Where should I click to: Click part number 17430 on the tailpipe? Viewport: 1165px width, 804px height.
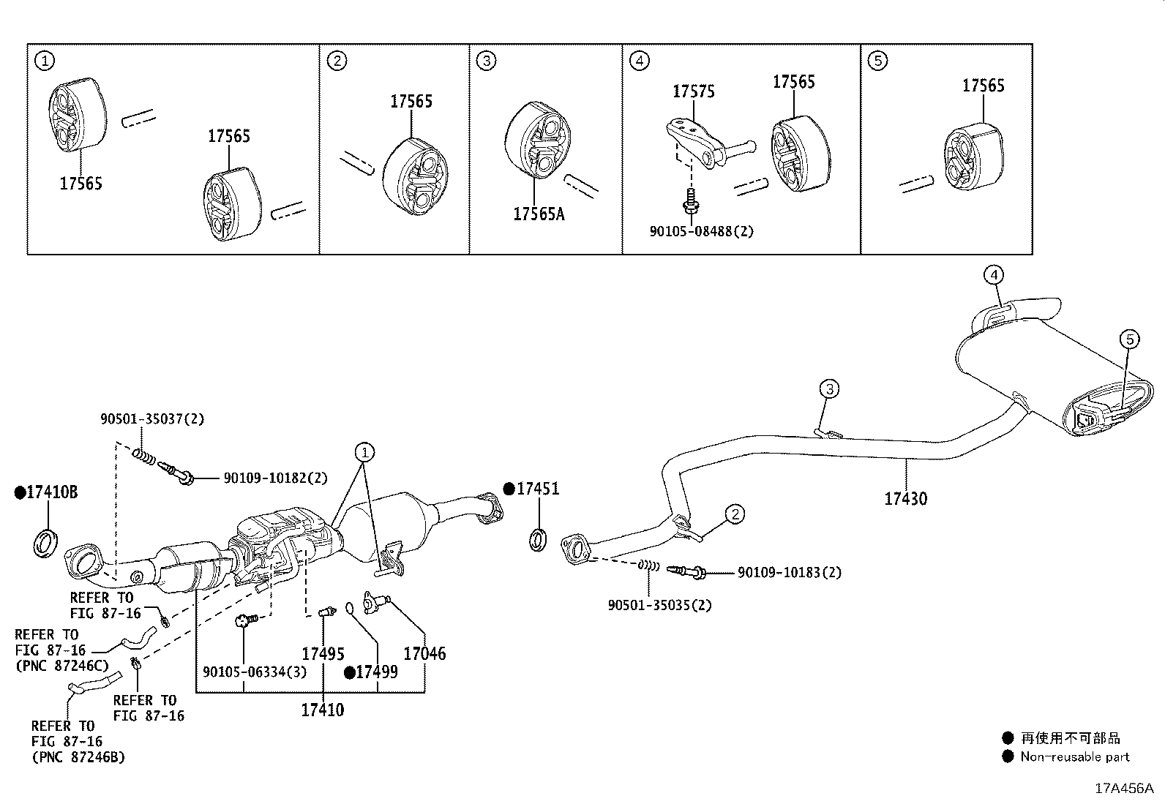[x=905, y=499]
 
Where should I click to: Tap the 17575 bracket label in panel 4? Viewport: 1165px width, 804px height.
[x=693, y=91]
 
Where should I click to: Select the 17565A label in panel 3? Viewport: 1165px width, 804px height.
[x=539, y=214]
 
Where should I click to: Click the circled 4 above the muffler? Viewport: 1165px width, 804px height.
[x=992, y=275]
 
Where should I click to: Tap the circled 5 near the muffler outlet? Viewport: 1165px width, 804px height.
[x=1129, y=339]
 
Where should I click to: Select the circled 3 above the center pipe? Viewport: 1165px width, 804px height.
[x=828, y=388]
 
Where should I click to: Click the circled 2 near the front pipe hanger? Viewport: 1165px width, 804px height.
[x=735, y=514]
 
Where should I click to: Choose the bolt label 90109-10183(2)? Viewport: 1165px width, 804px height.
[x=789, y=572]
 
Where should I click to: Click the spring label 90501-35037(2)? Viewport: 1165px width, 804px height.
[x=152, y=419]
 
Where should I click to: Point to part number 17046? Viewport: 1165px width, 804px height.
[x=424, y=653]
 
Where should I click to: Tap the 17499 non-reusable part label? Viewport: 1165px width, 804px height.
[x=377, y=672]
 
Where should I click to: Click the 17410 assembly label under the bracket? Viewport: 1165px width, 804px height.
[x=322, y=710]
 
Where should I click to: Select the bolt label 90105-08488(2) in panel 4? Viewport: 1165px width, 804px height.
[x=701, y=231]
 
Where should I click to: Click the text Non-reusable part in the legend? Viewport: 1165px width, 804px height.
[x=1074, y=757]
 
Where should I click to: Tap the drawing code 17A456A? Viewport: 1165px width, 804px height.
[x=1123, y=788]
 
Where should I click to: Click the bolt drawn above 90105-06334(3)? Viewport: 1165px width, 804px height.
[x=244, y=622]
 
